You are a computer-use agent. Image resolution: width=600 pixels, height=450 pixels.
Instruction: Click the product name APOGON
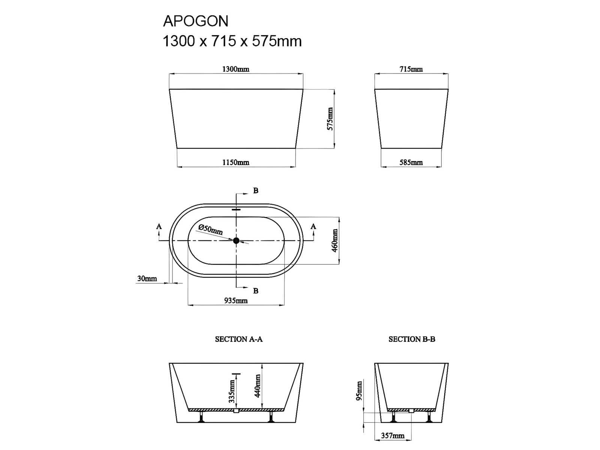pos(195,21)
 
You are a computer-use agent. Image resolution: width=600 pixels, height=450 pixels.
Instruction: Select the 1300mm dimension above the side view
pos(235,69)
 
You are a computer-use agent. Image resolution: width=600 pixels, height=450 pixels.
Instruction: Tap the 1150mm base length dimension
pos(235,162)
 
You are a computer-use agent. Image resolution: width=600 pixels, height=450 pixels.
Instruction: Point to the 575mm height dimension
pos(330,119)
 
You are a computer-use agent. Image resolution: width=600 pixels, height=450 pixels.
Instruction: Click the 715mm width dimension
pos(411,69)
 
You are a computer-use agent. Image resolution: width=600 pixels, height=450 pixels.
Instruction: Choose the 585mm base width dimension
pos(411,162)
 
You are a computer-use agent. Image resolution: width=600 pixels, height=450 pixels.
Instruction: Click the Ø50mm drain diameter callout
pos(210,229)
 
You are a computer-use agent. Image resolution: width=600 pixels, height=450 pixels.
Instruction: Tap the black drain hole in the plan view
pos(236,240)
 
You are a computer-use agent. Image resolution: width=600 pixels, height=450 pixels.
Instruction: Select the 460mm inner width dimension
pos(335,241)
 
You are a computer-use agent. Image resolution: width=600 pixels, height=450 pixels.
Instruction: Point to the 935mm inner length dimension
pos(236,300)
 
